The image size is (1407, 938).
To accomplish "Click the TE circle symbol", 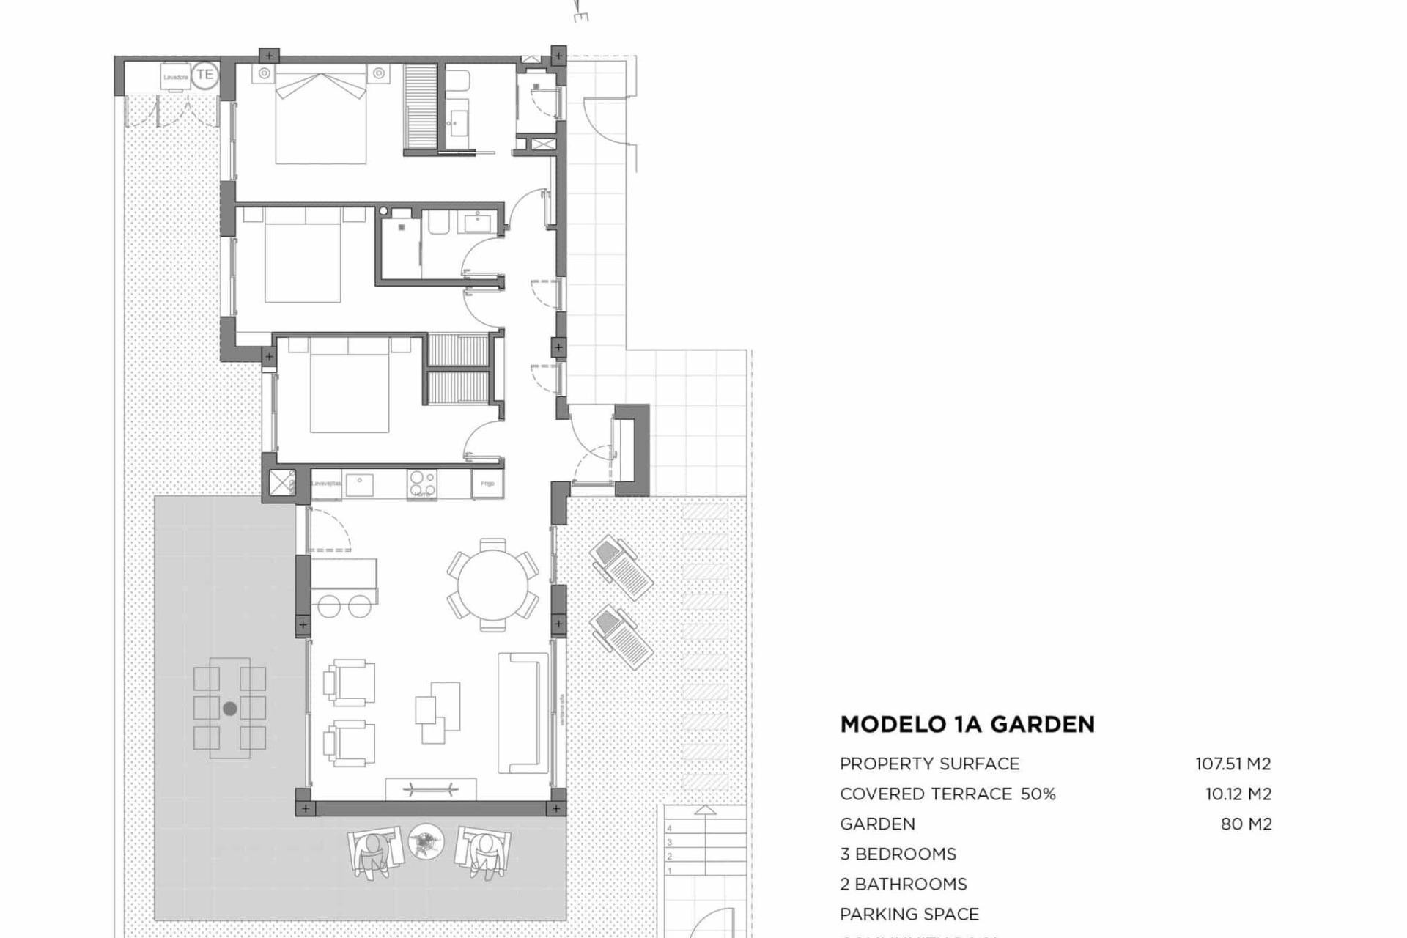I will click(205, 75).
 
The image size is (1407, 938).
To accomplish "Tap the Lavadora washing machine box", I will click(176, 77).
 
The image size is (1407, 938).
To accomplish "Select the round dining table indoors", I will click(493, 585).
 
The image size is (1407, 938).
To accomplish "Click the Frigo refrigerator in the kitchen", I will click(487, 484).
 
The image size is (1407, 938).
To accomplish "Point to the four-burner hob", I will click(422, 484).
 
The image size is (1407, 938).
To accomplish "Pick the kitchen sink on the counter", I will click(359, 484).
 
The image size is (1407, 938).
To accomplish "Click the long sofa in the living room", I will click(522, 713).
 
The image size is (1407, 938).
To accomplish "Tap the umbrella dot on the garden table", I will click(230, 709).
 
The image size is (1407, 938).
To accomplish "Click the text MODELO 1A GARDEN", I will click(967, 725).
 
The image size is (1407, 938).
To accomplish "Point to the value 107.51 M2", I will click(1233, 764).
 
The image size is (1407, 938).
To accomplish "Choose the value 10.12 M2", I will click(1238, 794).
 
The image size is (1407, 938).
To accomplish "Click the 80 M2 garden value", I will click(1246, 824).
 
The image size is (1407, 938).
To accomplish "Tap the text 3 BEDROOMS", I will click(898, 854).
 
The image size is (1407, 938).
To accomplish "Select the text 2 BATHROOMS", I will click(903, 884).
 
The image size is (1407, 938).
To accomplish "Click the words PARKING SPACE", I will click(909, 914).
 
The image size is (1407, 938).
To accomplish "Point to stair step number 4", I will click(669, 829).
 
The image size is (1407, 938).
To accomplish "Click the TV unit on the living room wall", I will click(431, 789).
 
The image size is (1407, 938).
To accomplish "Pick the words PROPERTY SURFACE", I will click(929, 764).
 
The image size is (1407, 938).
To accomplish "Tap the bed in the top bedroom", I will click(320, 117).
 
